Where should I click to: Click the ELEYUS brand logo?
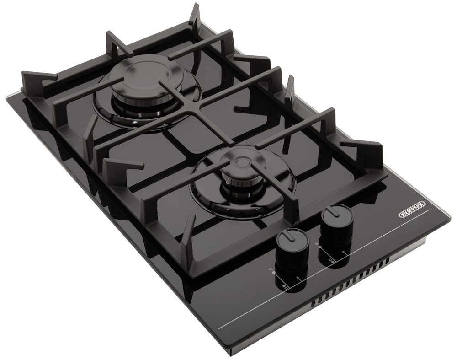(x=412, y=210)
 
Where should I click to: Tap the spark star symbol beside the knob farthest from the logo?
(x=270, y=268)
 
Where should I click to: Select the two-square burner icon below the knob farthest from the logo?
(x=285, y=287)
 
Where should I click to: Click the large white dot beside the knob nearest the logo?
(x=320, y=247)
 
